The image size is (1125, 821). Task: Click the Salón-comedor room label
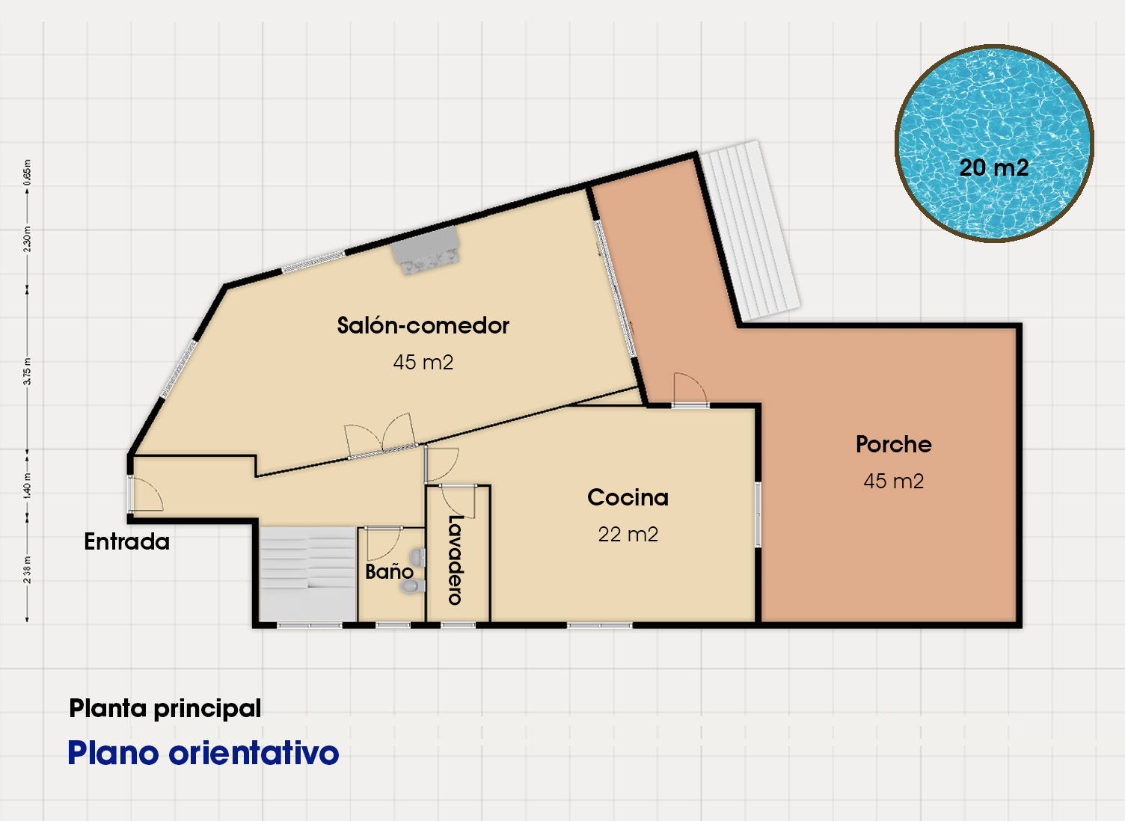(x=423, y=325)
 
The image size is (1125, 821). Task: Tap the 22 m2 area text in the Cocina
(x=628, y=535)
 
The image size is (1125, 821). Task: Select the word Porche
(x=893, y=444)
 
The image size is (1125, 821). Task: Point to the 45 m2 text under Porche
(x=893, y=481)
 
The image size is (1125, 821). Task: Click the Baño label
(x=389, y=571)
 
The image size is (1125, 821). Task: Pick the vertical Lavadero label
(x=455, y=560)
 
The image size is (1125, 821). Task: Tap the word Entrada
(x=126, y=541)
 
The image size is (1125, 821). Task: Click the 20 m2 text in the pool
(x=994, y=167)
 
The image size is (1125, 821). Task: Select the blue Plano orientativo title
(x=203, y=753)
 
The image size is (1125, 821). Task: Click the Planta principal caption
(x=165, y=709)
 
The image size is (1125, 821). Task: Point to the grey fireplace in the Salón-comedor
(x=426, y=250)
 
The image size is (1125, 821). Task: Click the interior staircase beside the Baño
(x=307, y=574)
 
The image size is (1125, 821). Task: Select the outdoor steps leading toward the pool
(x=750, y=231)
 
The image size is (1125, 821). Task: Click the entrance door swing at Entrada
(x=147, y=494)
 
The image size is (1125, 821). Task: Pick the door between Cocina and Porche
(x=690, y=389)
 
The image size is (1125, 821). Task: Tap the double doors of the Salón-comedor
(x=381, y=436)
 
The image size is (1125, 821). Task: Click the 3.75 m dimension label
(x=28, y=371)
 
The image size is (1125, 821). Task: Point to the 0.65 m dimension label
(x=28, y=172)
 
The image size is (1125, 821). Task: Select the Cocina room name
(x=628, y=498)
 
